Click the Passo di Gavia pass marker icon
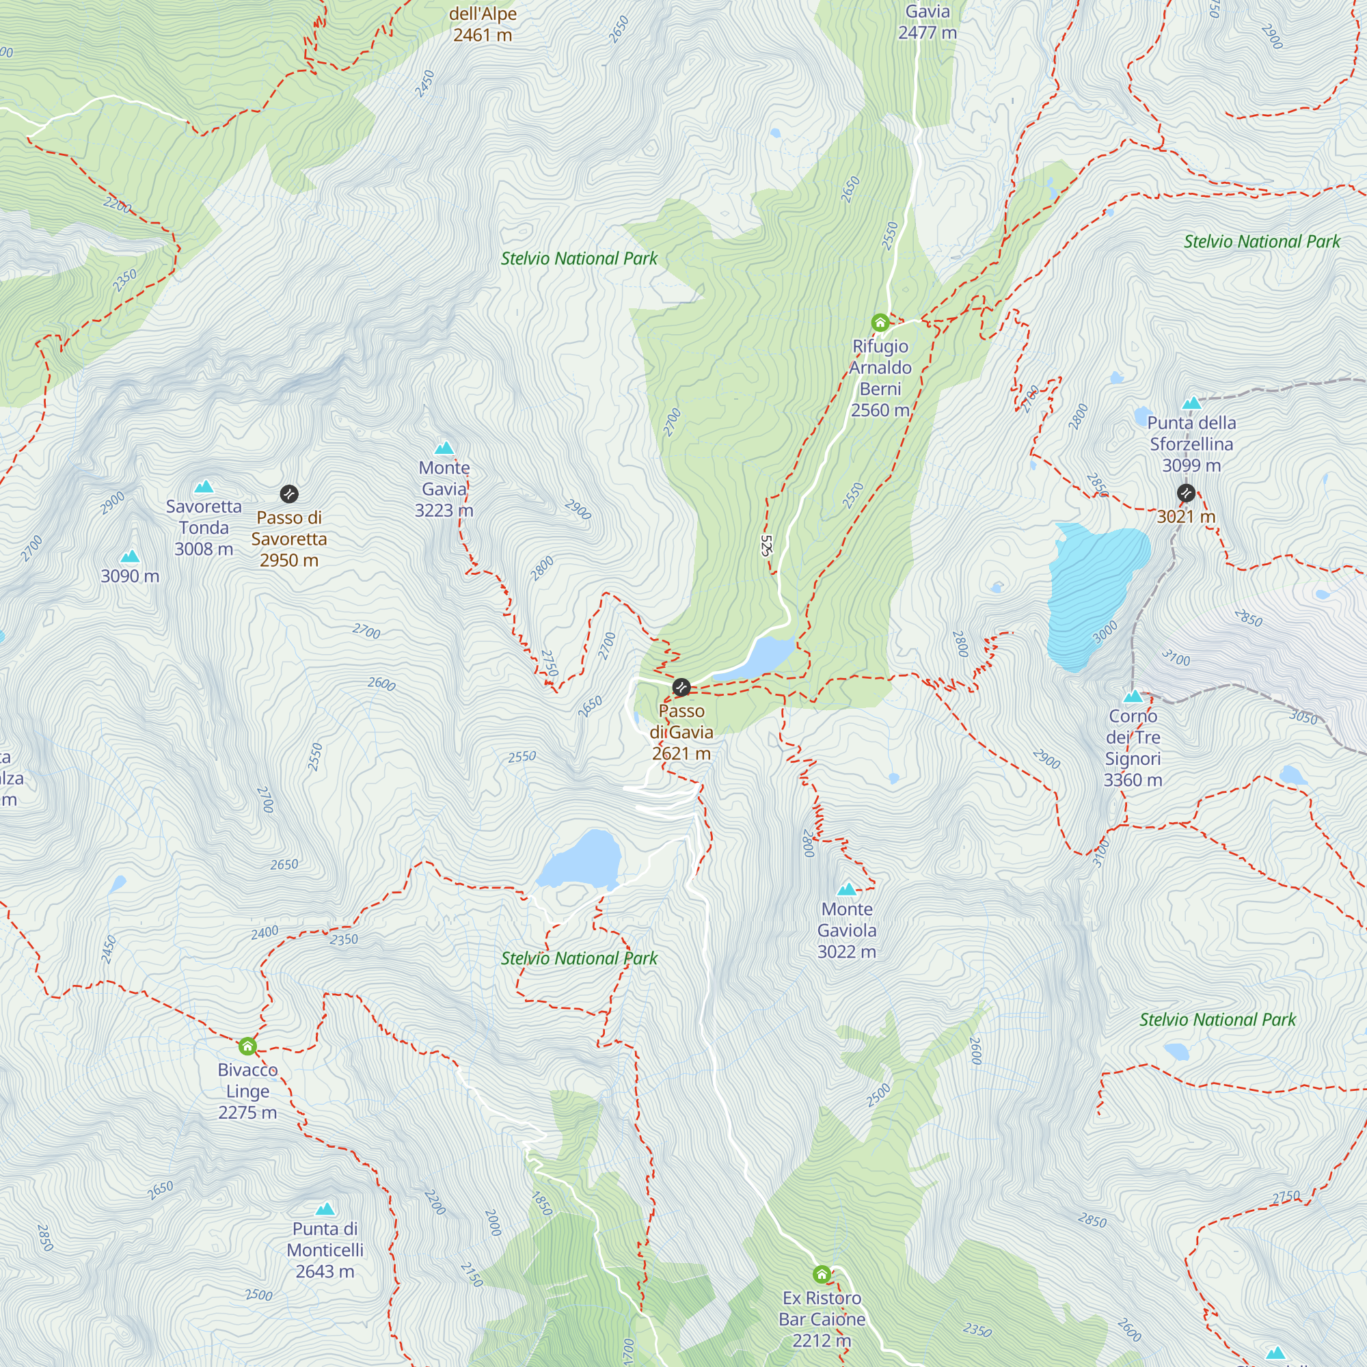coord(681,687)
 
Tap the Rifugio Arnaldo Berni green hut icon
coord(880,323)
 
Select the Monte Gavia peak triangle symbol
coord(444,448)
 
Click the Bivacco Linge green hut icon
coord(247,1046)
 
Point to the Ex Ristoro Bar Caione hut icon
coord(822,1274)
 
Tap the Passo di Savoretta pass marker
coord(288,494)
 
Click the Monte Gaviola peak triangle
coord(847,889)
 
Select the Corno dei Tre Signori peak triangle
coord(1133,696)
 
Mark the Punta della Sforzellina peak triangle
coord(1191,403)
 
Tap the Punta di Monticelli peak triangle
coord(325,1209)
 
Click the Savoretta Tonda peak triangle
coord(204,487)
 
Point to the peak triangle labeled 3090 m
coord(130,557)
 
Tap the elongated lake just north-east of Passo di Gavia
coord(757,658)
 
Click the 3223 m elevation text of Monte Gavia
coord(444,510)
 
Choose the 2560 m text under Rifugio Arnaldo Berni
coord(880,410)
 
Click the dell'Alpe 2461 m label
coord(483,25)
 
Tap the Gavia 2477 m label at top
coord(927,22)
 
